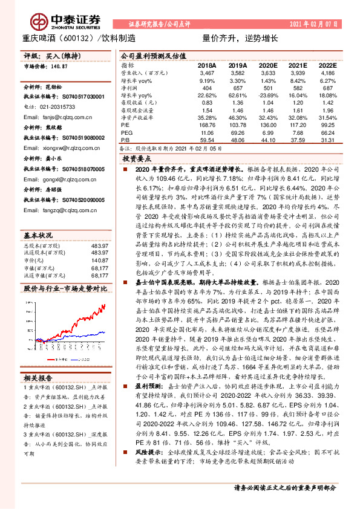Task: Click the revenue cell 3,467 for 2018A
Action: click(207, 73)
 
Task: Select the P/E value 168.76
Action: click(206, 123)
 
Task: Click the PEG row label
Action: click(126, 131)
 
